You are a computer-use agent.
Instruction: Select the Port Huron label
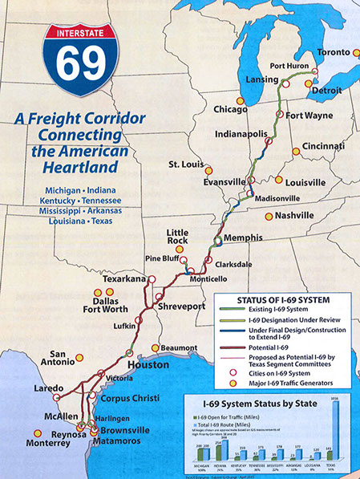click(289, 66)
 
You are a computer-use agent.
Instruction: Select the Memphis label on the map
click(245, 237)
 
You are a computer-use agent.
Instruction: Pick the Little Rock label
click(177, 238)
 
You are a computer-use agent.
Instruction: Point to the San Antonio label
click(66, 359)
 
